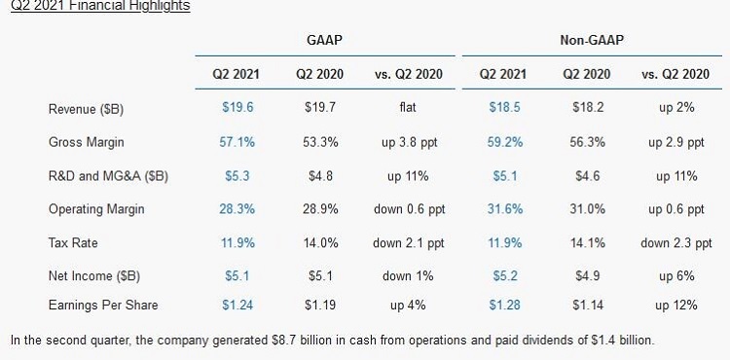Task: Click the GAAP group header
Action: point(324,40)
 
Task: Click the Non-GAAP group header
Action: point(592,40)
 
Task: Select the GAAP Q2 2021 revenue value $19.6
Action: point(237,108)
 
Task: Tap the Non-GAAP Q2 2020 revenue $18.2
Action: point(588,108)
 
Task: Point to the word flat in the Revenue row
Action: point(408,107)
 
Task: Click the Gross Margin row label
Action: point(86,142)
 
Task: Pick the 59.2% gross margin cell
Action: point(505,142)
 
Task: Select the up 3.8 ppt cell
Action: point(410,143)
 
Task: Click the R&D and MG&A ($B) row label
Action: point(108,176)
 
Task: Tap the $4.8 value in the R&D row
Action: point(320,176)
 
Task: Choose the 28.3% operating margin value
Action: point(237,209)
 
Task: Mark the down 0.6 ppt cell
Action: point(409,210)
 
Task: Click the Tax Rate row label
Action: point(73,243)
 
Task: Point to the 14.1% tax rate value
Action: point(588,243)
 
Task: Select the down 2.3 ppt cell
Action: point(676,243)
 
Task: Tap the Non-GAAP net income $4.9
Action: point(588,276)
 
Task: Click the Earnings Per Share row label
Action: point(103,306)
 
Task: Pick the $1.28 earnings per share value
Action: point(504,306)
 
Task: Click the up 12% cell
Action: point(676,306)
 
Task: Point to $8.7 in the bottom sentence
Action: point(284,340)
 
